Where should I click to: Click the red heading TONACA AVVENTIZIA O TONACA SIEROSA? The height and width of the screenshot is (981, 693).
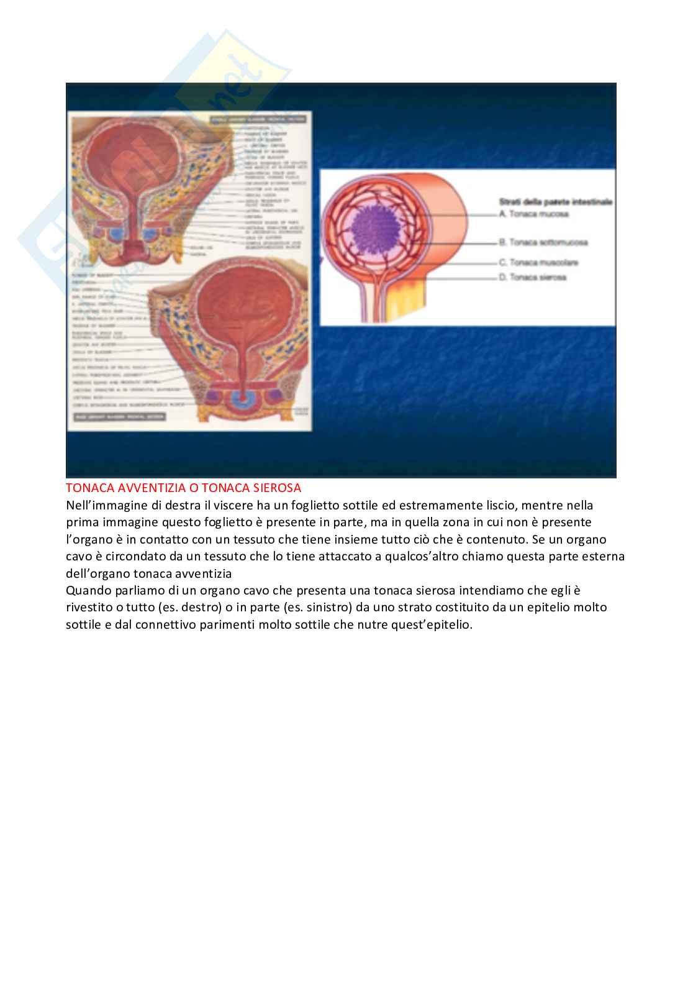tap(183, 488)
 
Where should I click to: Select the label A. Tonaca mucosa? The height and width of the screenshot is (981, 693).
tap(534, 214)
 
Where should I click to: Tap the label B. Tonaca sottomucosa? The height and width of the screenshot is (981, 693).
tap(543, 242)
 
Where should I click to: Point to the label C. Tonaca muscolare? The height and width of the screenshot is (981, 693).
tap(538, 263)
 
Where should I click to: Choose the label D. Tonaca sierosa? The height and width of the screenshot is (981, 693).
tap(533, 277)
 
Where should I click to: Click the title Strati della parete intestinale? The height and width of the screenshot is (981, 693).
tap(556, 202)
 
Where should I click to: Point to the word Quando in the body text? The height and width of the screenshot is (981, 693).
tap(86, 590)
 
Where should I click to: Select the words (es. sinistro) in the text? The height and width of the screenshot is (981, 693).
tap(316, 608)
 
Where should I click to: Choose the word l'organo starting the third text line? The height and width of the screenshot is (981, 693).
tap(88, 539)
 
